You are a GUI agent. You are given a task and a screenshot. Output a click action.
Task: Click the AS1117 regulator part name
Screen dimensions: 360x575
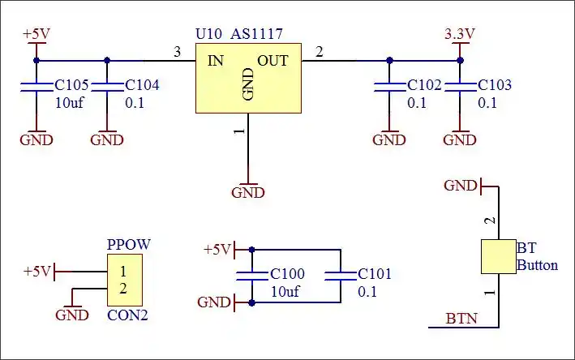256,35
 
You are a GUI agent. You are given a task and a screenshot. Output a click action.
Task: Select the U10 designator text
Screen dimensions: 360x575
209,35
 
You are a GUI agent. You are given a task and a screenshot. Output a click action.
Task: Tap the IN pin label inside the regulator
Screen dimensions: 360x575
216,61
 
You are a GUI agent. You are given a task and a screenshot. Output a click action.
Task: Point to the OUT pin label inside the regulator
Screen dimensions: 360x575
272,61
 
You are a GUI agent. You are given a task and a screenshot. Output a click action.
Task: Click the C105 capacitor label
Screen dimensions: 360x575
71,85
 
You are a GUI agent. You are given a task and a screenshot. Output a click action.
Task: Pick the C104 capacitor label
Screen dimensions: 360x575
142,85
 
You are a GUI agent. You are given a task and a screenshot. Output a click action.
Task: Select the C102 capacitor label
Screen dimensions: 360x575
424,85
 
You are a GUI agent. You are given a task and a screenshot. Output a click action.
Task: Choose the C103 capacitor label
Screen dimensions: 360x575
495,85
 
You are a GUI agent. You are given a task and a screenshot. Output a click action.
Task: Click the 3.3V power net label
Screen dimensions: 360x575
460,34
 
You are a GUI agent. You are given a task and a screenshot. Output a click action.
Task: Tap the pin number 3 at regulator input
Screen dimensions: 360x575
178,52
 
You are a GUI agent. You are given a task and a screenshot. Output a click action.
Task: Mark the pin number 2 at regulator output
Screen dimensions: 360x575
319,52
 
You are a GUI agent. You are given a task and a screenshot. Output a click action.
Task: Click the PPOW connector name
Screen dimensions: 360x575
129,244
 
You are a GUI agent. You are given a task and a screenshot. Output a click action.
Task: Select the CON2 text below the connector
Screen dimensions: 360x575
128,315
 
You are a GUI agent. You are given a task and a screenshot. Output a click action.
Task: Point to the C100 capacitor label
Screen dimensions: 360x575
288,274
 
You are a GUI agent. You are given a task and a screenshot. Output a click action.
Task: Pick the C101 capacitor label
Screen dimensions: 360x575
375,274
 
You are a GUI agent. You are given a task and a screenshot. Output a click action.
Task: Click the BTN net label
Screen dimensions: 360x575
461,319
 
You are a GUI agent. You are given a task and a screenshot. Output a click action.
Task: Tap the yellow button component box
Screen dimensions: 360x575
498,256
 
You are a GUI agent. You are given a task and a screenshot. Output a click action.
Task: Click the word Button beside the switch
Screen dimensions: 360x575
538,265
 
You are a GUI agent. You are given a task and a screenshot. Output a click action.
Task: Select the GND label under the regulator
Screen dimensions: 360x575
248,192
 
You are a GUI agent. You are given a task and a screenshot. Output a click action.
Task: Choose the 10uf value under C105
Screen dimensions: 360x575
69,103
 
